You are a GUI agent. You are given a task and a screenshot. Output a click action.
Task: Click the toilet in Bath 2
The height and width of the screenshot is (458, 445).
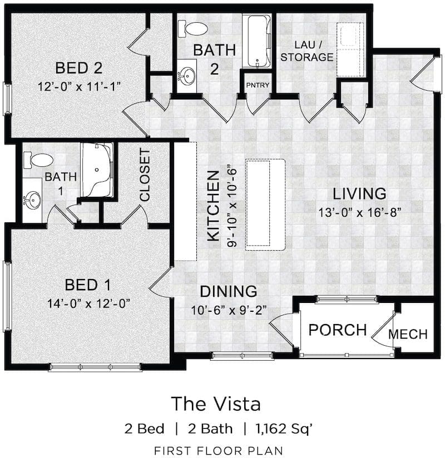(x=192, y=29)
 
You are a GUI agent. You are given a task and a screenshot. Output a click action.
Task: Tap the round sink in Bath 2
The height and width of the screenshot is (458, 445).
(x=186, y=76)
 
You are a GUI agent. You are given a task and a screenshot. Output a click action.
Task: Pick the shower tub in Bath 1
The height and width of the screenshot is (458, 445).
(x=97, y=170)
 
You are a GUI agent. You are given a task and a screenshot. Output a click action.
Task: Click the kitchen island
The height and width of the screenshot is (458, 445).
(x=265, y=205)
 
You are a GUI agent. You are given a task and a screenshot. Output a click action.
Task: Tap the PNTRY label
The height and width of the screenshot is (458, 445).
(x=258, y=85)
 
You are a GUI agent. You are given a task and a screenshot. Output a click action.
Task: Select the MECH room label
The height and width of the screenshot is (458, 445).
(x=408, y=334)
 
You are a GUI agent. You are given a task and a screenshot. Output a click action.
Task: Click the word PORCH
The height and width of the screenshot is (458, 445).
(x=338, y=330)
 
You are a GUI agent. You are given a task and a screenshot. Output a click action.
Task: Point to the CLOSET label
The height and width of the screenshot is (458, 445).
(x=145, y=175)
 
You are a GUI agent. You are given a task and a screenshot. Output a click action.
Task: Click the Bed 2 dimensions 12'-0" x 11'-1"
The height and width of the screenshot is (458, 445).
(x=80, y=87)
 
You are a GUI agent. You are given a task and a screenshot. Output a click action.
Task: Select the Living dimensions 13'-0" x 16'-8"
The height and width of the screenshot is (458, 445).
(x=359, y=212)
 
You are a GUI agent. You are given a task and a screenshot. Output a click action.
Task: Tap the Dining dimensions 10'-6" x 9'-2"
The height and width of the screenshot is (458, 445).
(x=229, y=310)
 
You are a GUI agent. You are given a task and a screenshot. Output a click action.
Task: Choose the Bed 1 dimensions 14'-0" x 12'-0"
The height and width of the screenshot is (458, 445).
(x=88, y=303)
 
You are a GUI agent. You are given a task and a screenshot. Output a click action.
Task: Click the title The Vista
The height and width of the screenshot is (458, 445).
(x=216, y=404)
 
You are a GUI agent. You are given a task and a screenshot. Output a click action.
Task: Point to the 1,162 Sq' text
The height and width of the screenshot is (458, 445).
(x=284, y=429)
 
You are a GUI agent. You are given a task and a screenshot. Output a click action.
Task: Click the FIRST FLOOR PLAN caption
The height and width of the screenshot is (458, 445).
(x=219, y=450)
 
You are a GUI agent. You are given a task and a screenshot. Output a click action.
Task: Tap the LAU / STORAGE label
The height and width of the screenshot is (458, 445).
(x=307, y=51)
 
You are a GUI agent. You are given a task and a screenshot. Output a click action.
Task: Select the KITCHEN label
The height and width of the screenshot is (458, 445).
(x=214, y=206)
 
